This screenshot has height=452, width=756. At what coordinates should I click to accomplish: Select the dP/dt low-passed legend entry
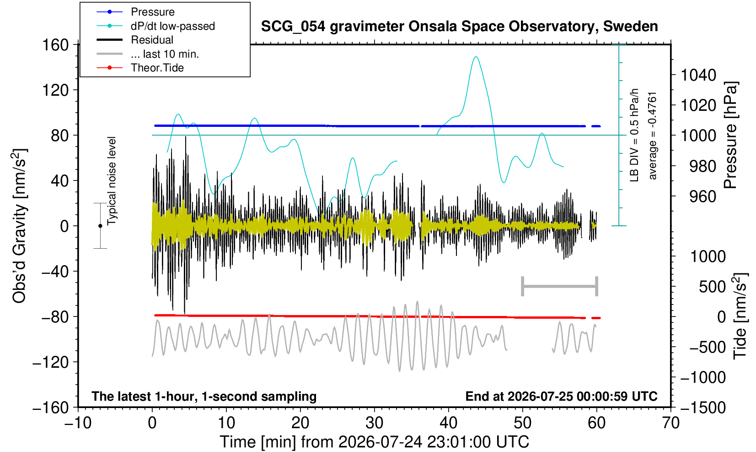(x=155, y=26)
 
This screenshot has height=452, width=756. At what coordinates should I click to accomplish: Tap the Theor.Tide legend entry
(x=140, y=68)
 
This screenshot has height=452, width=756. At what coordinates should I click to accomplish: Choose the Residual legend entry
(x=135, y=40)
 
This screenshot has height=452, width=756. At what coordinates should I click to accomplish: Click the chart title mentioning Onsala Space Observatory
(x=459, y=27)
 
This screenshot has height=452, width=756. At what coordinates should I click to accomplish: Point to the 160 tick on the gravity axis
(x=55, y=45)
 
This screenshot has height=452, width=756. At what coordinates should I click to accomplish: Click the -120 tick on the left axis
(x=51, y=362)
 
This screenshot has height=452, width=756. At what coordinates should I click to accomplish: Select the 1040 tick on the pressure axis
(x=698, y=75)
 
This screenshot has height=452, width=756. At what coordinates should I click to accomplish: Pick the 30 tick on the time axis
(x=374, y=423)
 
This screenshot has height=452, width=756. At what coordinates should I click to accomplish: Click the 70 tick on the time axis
(x=670, y=423)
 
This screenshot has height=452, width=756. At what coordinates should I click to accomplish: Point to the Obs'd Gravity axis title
(x=19, y=226)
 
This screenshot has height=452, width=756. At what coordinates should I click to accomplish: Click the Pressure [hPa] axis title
(x=730, y=135)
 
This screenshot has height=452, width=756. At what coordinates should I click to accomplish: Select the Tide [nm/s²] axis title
(x=740, y=316)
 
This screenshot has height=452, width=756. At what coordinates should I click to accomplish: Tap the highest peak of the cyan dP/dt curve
(x=476, y=57)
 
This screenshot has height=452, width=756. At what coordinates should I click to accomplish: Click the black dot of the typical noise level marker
(x=100, y=226)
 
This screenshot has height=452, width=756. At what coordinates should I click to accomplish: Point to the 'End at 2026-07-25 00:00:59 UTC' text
(x=561, y=396)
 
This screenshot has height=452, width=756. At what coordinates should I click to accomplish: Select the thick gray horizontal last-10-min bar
(x=560, y=286)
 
